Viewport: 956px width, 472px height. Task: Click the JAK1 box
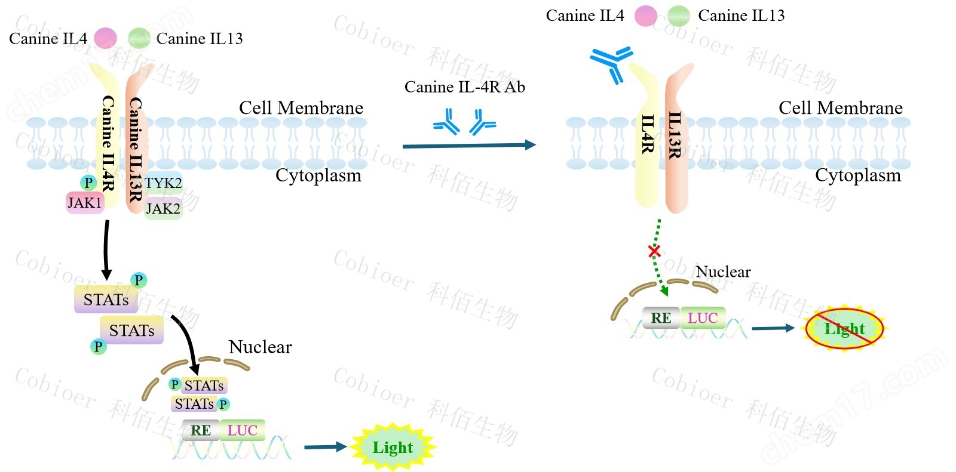click(84, 203)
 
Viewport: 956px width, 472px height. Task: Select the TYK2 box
click(163, 183)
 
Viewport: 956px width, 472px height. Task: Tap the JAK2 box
click(163, 209)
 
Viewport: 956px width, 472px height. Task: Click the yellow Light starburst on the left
click(393, 447)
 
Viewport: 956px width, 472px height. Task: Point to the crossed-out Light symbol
click(844, 328)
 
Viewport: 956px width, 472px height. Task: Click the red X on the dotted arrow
click(654, 251)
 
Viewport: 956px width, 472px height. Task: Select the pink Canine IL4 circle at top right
click(645, 16)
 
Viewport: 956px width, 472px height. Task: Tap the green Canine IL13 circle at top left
click(139, 39)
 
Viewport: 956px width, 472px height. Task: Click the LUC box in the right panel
click(703, 318)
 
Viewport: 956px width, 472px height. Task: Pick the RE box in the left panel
click(201, 430)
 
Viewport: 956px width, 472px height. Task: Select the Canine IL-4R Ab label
click(464, 87)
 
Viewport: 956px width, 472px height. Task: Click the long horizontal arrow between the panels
click(468, 145)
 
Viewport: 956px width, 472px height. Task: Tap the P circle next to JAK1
click(88, 183)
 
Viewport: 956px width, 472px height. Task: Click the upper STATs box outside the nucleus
click(106, 300)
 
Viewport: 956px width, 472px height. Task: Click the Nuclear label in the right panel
click(723, 272)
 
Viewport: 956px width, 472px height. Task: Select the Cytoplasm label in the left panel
click(318, 175)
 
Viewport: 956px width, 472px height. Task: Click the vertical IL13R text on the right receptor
click(675, 135)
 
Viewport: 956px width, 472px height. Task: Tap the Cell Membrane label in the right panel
click(840, 108)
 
